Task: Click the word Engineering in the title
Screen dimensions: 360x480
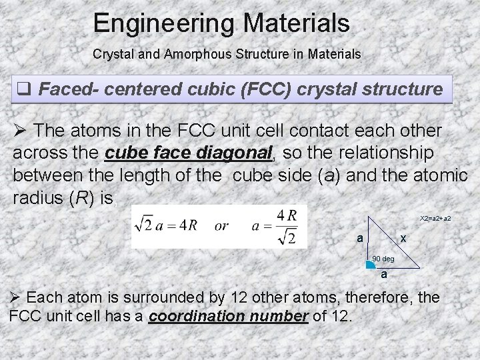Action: tap(164, 24)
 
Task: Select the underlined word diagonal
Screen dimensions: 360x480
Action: tap(235, 153)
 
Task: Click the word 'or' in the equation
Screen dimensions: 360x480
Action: tap(221, 226)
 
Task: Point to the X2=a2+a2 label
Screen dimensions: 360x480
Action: tap(435, 219)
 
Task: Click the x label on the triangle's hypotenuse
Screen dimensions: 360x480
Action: tap(403, 239)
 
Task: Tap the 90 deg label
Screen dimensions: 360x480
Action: tap(383, 258)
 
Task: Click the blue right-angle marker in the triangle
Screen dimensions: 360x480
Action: tap(370, 265)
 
